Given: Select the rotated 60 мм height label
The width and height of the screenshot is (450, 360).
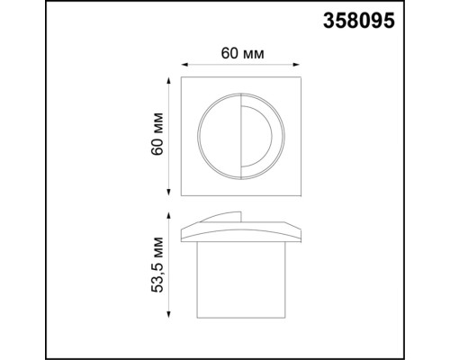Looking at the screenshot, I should tap(157, 134).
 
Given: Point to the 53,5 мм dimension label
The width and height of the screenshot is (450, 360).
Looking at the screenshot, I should tap(157, 263).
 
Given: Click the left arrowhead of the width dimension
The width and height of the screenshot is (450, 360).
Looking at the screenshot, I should tap(184, 65).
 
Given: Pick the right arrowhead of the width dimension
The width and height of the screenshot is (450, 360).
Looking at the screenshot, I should tap(299, 65).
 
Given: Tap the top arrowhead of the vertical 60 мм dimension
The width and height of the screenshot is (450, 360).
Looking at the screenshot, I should tap(169, 80).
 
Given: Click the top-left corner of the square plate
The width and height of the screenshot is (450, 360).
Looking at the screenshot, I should tap(184, 78).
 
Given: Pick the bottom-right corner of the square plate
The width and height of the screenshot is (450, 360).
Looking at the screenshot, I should tap(300, 193).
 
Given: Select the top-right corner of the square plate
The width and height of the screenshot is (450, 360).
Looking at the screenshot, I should tap(300, 78).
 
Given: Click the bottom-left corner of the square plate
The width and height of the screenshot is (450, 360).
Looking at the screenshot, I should tap(184, 193).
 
